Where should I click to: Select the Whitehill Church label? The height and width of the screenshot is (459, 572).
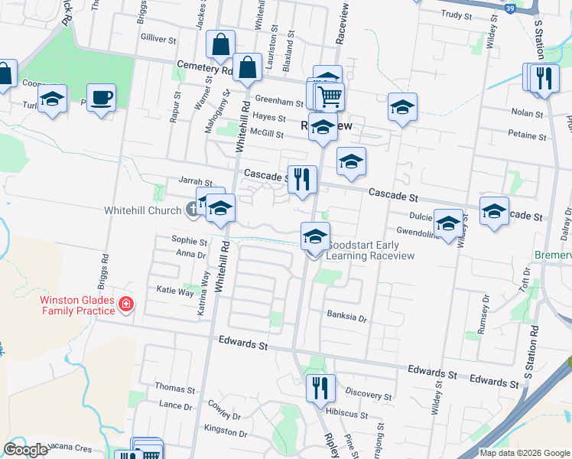click(x=143, y=210)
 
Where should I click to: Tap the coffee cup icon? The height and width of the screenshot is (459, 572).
click(x=101, y=98)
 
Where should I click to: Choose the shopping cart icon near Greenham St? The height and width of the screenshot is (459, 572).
click(x=330, y=96)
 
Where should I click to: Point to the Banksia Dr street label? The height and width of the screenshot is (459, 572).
click(x=347, y=315)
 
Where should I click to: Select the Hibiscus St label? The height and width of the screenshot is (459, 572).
click(x=347, y=412)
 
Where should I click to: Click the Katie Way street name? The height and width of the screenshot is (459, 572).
click(x=175, y=291)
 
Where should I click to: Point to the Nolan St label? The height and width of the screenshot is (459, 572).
click(x=527, y=112)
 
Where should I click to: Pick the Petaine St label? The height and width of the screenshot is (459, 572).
click(x=527, y=136)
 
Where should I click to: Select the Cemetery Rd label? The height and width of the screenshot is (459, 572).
click(x=204, y=68)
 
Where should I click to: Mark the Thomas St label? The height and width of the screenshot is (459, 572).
click(x=170, y=389)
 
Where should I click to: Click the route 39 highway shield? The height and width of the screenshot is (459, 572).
click(x=510, y=8)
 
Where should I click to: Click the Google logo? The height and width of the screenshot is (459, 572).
click(x=26, y=450)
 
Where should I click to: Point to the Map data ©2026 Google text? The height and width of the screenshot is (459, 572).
click(x=524, y=453)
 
